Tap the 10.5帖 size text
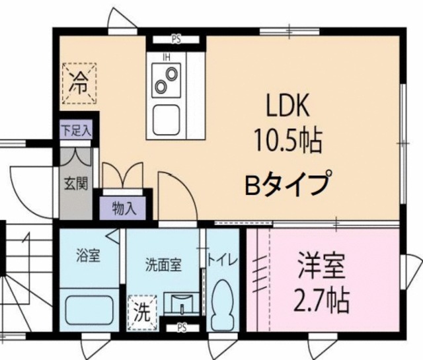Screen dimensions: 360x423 tap(288, 140)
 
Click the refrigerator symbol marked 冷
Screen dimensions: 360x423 tap(79, 84)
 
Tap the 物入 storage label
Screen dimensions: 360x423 tap(124, 209)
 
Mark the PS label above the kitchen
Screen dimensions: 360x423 tap(176, 38)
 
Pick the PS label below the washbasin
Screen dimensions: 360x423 tap(181, 327)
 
